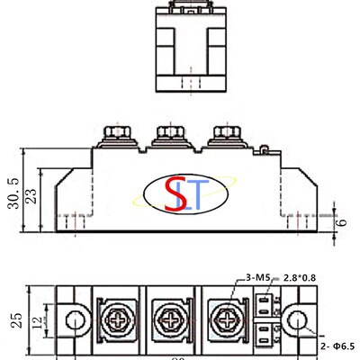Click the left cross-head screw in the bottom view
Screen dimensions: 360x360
click(x=117, y=319)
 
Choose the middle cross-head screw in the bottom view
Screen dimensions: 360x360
click(x=171, y=319)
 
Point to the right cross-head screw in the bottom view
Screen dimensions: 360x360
click(x=225, y=319)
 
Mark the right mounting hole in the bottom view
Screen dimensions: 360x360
click(x=296, y=319)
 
